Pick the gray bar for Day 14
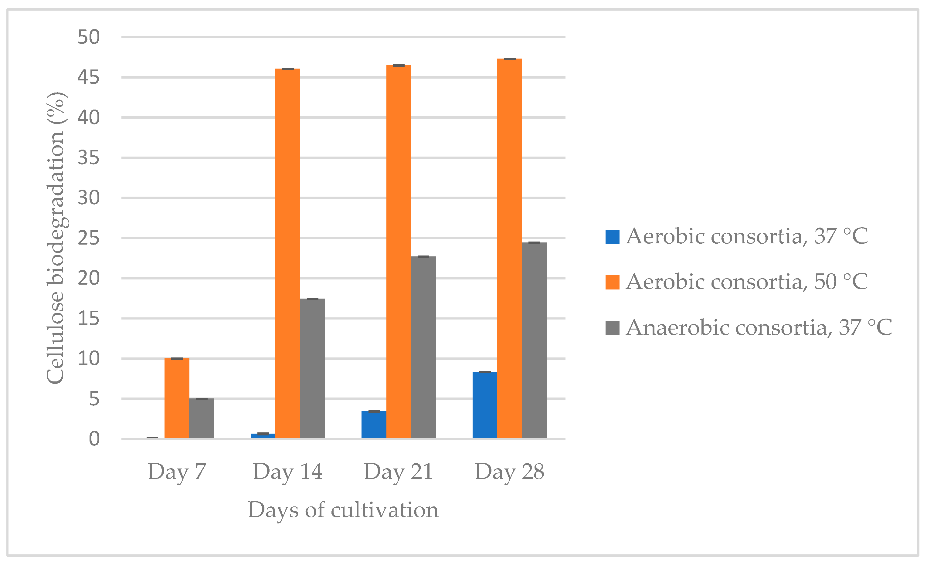(312, 368)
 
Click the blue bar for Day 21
(374, 425)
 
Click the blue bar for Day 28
(484, 405)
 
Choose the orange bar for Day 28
(509, 248)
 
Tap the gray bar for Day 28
(534, 340)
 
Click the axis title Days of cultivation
(343, 510)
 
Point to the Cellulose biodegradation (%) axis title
(55, 238)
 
